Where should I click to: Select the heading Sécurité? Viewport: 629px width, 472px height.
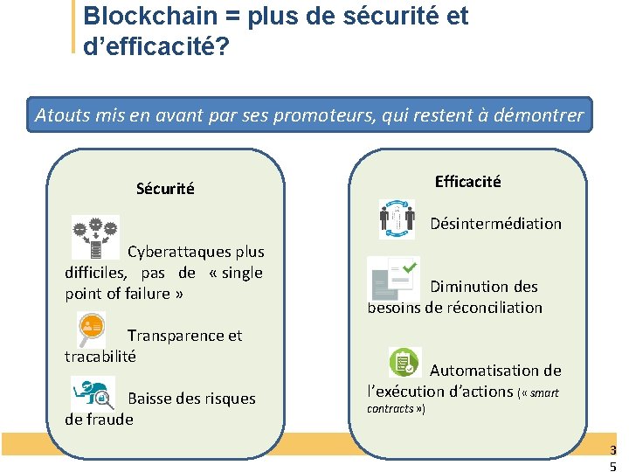(165, 188)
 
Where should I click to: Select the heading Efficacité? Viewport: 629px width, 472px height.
(467, 181)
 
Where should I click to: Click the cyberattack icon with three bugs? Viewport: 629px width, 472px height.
(94, 237)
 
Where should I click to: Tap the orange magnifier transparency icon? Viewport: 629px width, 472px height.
(91, 327)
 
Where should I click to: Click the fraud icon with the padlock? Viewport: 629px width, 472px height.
(93, 391)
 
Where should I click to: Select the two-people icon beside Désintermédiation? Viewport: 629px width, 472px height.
(397, 219)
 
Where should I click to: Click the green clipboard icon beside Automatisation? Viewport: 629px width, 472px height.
(404, 363)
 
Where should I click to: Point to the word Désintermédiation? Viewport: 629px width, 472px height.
(495, 224)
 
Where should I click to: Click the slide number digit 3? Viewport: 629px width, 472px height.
(612, 450)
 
